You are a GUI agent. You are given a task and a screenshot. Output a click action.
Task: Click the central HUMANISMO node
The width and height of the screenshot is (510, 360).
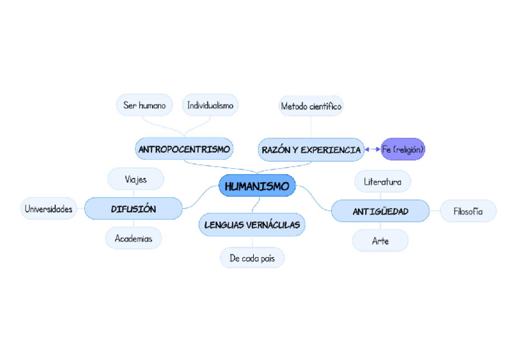pos(257,186)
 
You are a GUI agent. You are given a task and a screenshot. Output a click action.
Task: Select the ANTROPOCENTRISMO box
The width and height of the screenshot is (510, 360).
pos(184,148)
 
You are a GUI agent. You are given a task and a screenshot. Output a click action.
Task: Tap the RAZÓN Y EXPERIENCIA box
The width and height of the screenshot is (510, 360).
pos(311,150)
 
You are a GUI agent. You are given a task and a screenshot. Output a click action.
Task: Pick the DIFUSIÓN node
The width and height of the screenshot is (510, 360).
pos(133,209)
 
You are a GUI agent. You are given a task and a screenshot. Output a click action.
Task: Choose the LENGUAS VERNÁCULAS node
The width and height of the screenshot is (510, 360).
pos(252,225)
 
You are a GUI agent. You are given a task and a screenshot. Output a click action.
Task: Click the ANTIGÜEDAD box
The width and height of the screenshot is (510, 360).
pos(380,211)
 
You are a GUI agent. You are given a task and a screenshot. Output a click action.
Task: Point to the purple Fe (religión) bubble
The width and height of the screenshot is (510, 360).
pos(403,149)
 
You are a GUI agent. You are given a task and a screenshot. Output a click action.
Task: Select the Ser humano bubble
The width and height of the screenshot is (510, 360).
pos(144,105)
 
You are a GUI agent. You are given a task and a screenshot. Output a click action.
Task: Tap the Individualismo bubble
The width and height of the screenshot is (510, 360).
pos(210,105)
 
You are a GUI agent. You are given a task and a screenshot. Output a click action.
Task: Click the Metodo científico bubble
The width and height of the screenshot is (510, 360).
pos(311,106)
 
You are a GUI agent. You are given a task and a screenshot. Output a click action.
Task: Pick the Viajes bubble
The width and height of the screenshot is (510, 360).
pos(136,179)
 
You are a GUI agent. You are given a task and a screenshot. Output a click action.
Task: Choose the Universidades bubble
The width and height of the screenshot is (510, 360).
pos(49,209)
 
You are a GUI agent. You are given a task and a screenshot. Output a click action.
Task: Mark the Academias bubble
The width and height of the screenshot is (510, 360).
pos(134,239)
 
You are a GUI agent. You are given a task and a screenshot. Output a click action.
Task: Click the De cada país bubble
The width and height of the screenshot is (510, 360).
pos(252,258)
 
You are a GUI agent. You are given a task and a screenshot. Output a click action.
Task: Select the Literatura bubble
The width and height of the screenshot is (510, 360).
pos(382,181)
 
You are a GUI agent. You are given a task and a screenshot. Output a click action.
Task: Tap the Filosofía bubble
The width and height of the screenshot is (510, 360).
pos(468,211)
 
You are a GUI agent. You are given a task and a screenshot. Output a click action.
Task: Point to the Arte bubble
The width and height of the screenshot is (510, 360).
pos(380,241)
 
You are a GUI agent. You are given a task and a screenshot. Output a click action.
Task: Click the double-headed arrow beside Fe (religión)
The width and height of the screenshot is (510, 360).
pos(373,149)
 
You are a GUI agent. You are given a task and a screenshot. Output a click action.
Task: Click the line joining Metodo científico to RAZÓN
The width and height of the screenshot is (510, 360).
pos(311,127)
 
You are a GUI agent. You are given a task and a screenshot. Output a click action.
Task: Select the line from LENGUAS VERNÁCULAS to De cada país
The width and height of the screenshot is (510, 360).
pos(252,242)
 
